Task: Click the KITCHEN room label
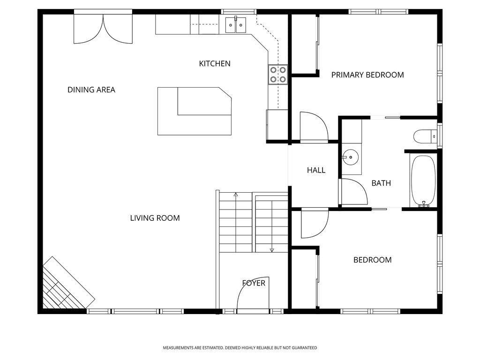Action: point(215,64)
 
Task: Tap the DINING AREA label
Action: point(91,90)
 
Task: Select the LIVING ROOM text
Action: point(155,218)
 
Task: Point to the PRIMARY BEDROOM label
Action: point(367,75)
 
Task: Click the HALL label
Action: point(316,170)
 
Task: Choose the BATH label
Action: point(381,183)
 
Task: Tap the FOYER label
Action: point(254,283)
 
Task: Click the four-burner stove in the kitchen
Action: point(278,75)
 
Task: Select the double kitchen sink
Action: point(236,25)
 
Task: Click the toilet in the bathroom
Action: point(426,136)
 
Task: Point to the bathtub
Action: point(423,180)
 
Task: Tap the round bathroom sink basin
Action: point(350,157)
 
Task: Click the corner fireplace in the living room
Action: point(68,283)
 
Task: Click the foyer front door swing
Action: point(253,294)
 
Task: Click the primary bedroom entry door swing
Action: point(314,127)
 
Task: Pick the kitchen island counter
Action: point(195,111)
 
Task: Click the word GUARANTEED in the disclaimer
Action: point(304,348)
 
